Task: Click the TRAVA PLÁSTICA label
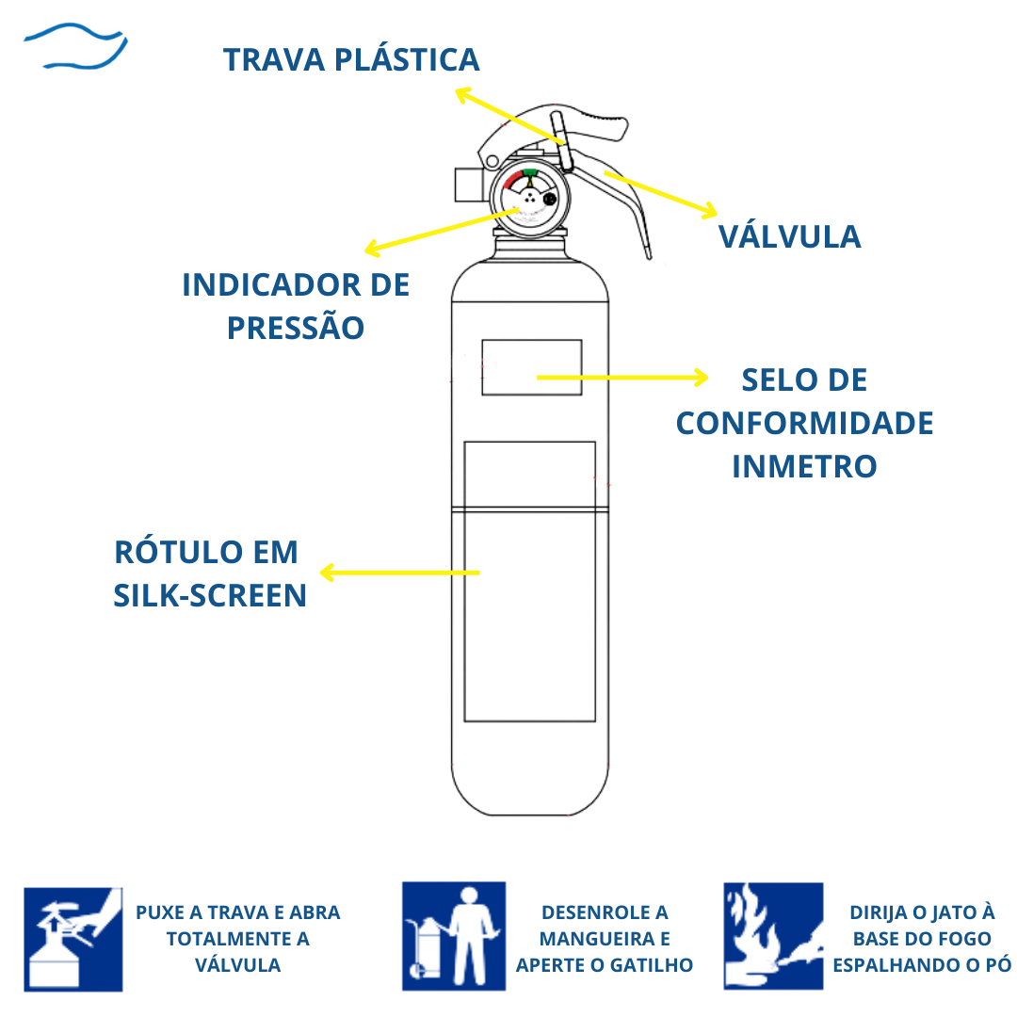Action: (351, 60)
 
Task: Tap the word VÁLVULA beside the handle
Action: (789, 236)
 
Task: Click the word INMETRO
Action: (804, 466)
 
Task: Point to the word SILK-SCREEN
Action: (210, 596)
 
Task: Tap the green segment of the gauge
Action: (530, 173)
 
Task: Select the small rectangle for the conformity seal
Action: (531, 367)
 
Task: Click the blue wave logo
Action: (75, 47)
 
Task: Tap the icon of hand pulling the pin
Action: (73, 938)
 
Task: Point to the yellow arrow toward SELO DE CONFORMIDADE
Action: (621, 378)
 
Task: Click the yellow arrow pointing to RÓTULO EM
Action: (400, 573)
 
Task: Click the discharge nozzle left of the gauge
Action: (468, 184)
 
